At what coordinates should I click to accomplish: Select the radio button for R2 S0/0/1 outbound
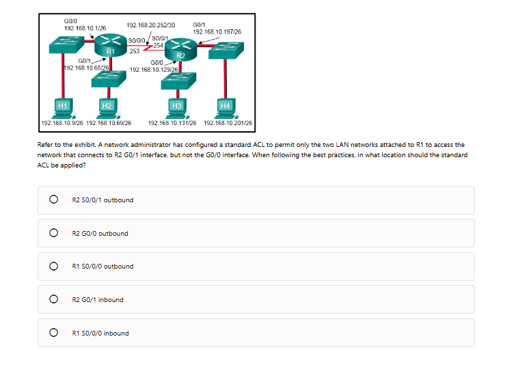pyautogui.click(x=52, y=200)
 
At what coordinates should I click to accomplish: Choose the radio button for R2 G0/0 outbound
pyautogui.click(x=52, y=233)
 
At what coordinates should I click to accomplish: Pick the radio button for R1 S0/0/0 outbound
pyautogui.click(x=52, y=267)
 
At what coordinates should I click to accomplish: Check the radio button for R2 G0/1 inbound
pyautogui.click(x=52, y=299)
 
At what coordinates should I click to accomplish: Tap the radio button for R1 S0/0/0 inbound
pyautogui.click(x=52, y=333)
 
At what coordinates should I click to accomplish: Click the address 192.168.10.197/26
pyautogui.click(x=217, y=31)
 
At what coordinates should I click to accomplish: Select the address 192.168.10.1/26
pyautogui.click(x=85, y=27)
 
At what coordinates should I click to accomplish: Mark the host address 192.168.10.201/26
pyautogui.click(x=228, y=123)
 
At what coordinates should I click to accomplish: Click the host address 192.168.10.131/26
pyautogui.click(x=172, y=123)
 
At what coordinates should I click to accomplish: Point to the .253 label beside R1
pyautogui.click(x=135, y=51)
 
